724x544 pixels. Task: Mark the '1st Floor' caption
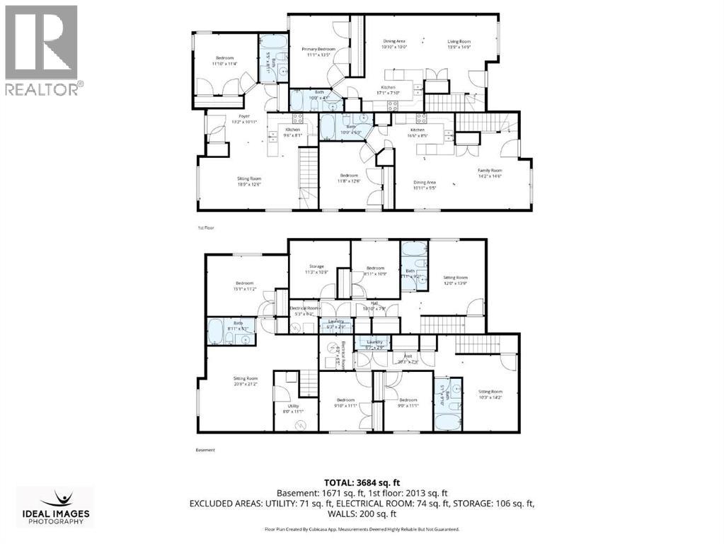coord(205,228)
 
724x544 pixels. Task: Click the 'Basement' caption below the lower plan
coord(205,450)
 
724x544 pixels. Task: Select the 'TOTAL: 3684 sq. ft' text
coord(361,482)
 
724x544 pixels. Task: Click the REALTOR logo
coord(42,50)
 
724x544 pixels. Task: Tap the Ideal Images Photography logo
coord(55,507)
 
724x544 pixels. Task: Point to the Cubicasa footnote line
coord(362,529)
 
